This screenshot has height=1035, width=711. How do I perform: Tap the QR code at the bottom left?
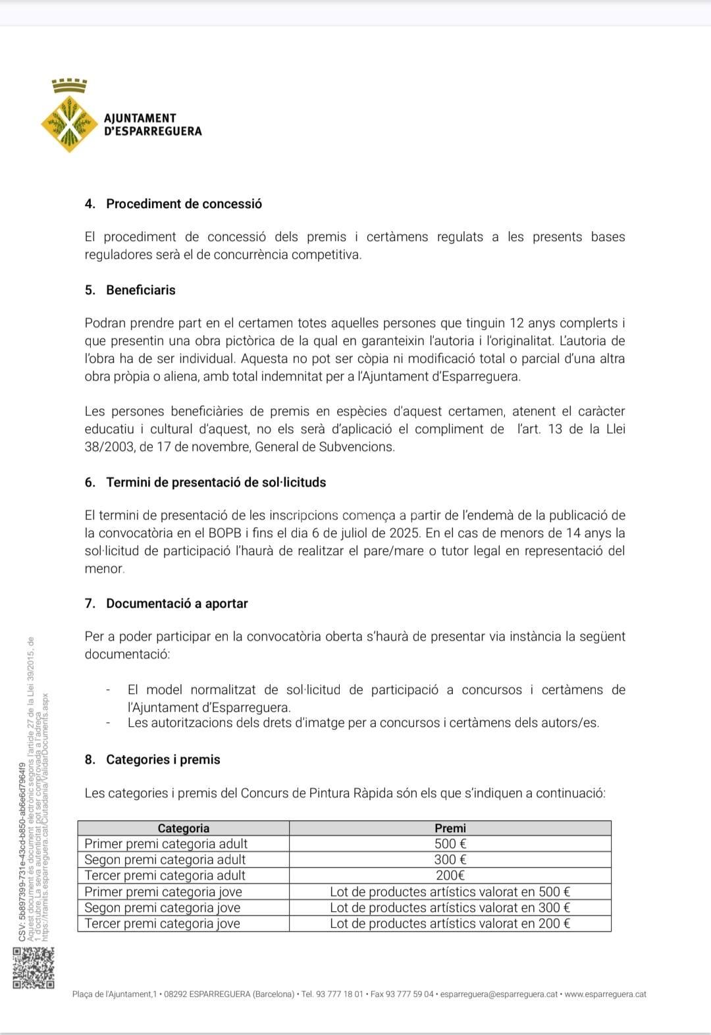(33, 967)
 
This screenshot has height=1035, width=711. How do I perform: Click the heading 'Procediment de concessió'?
(184, 204)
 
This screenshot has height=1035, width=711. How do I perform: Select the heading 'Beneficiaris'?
(141, 290)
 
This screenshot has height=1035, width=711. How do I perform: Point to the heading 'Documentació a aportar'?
(176, 604)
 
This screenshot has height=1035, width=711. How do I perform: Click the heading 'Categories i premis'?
(163, 760)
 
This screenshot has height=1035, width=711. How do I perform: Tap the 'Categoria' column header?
(183, 828)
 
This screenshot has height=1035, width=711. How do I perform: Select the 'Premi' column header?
(450, 828)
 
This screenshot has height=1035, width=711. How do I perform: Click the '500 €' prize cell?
(450, 844)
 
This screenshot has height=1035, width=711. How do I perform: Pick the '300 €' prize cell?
(450, 860)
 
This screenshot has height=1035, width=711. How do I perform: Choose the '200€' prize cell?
(450, 876)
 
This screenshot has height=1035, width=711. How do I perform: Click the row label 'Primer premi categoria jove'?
(163, 892)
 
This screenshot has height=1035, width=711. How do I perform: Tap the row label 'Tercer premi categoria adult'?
(165, 876)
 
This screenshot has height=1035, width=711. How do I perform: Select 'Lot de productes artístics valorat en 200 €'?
(450, 924)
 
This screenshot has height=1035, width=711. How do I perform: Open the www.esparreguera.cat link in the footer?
(605, 994)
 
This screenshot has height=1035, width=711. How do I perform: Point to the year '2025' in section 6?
(404, 533)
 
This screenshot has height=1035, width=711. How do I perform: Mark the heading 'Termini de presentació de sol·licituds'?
(216, 483)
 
